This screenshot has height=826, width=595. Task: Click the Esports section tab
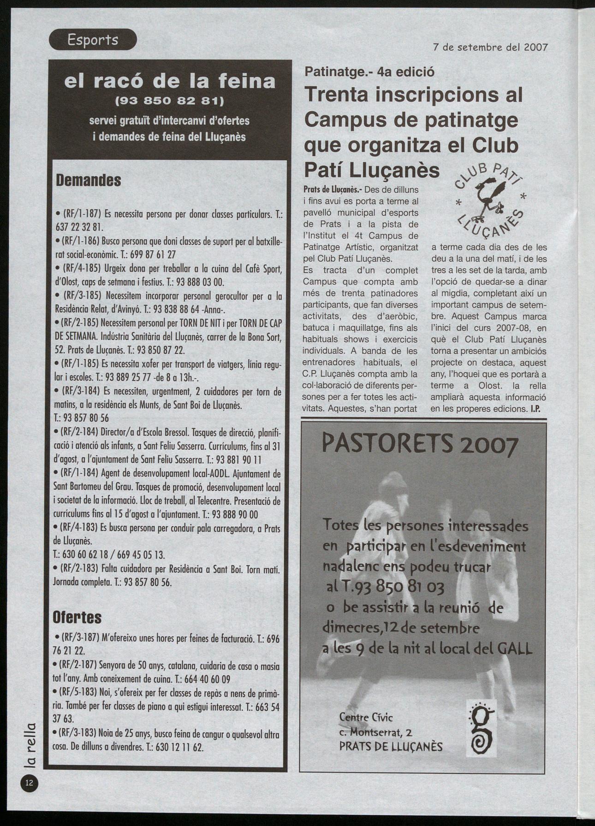[x=93, y=40]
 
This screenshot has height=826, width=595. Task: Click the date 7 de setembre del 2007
[x=490, y=47]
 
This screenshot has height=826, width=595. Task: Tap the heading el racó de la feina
[x=170, y=81]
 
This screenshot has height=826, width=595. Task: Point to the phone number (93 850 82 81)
[x=169, y=100]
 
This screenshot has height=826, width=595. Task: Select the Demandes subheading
[x=88, y=180]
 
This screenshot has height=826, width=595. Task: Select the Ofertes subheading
[x=77, y=617]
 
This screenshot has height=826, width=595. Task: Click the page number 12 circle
[x=30, y=783]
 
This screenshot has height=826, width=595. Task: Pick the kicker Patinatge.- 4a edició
[x=369, y=72]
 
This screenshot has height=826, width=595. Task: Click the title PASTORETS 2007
[x=420, y=446]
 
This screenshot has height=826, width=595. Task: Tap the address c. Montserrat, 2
[x=376, y=731]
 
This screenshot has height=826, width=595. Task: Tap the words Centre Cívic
[x=366, y=717]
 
